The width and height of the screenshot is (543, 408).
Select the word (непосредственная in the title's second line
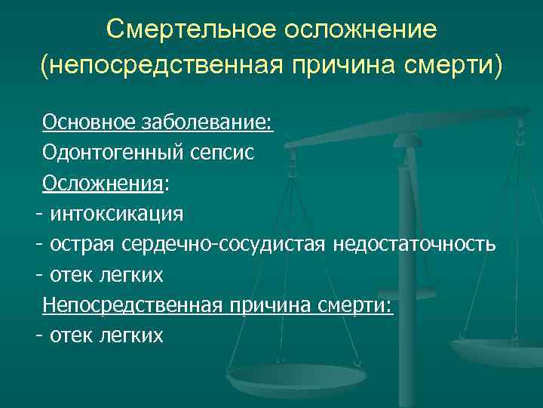click(161, 66)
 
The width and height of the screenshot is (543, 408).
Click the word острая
click(80, 245)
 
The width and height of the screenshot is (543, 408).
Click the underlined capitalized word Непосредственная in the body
click(126, 305)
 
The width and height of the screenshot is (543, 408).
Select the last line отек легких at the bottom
click(106, 335)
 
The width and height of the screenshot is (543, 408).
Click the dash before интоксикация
click(38, 214)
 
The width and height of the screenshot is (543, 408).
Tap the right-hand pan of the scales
click(498, 349)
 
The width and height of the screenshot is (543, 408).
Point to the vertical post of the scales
click(410, 227)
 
